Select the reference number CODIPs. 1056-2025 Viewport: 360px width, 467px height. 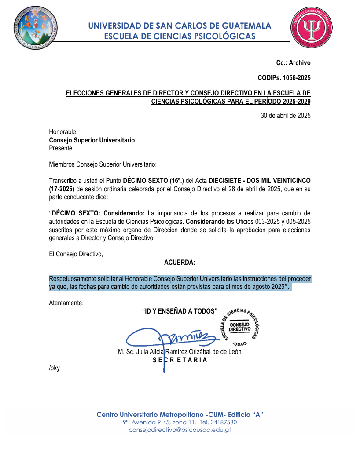click(284, 78)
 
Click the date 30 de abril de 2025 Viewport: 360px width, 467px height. click(286, 116)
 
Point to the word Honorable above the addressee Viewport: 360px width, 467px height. click(62, 132)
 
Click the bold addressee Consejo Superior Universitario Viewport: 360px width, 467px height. click(92, 140)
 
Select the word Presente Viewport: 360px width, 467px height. click(61, 148)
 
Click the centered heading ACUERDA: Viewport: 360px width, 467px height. click(180, 263)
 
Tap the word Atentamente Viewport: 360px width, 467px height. click(66, 303)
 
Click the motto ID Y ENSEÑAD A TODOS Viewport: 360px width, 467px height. click(180, 311)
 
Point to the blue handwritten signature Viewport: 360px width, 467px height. click(172, 337)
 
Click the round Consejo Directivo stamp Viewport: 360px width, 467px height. click(240, 326)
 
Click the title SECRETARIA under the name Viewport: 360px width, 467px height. click(180, 360)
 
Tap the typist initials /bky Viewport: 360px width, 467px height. click(54, 368)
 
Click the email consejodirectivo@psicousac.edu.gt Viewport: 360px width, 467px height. click(180, 430)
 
